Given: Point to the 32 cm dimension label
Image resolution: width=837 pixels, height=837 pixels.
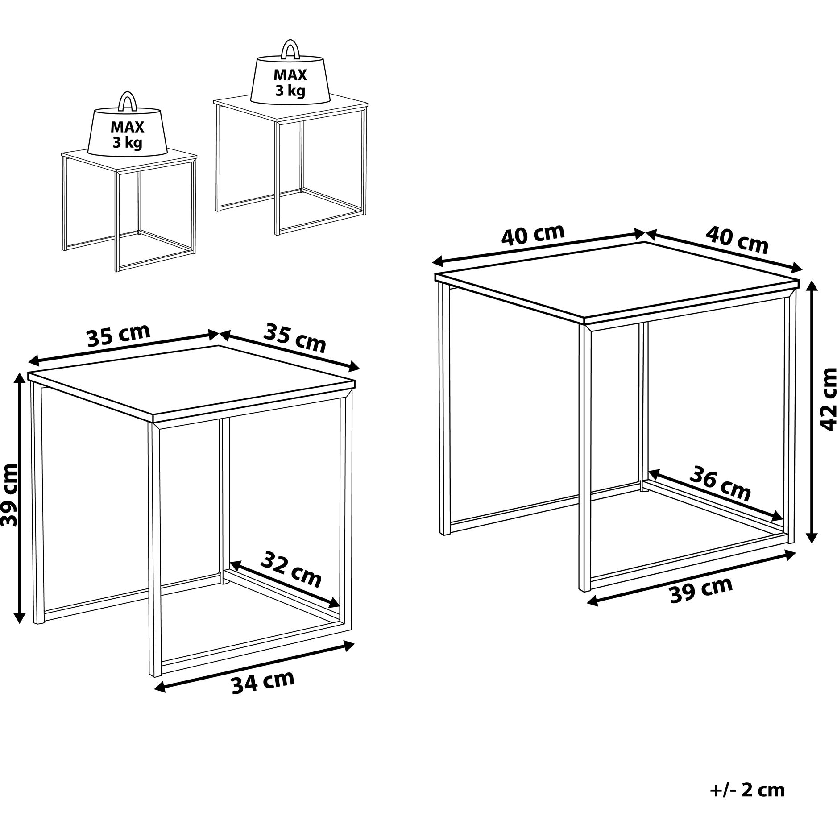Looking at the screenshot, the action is click(291, 570).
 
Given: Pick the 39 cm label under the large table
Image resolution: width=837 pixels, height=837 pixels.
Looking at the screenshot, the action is click(702, 589).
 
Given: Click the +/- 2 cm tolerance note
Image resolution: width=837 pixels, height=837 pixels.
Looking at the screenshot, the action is click(747, 790).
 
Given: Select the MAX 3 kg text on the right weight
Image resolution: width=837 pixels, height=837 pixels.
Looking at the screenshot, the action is click(290, 83).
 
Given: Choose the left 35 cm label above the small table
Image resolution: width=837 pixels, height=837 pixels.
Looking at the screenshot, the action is click(119, 335).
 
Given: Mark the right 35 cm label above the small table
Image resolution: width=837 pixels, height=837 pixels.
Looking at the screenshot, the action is click(295, 338).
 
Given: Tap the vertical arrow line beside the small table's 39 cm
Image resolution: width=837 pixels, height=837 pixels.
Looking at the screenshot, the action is click(19, 497).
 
